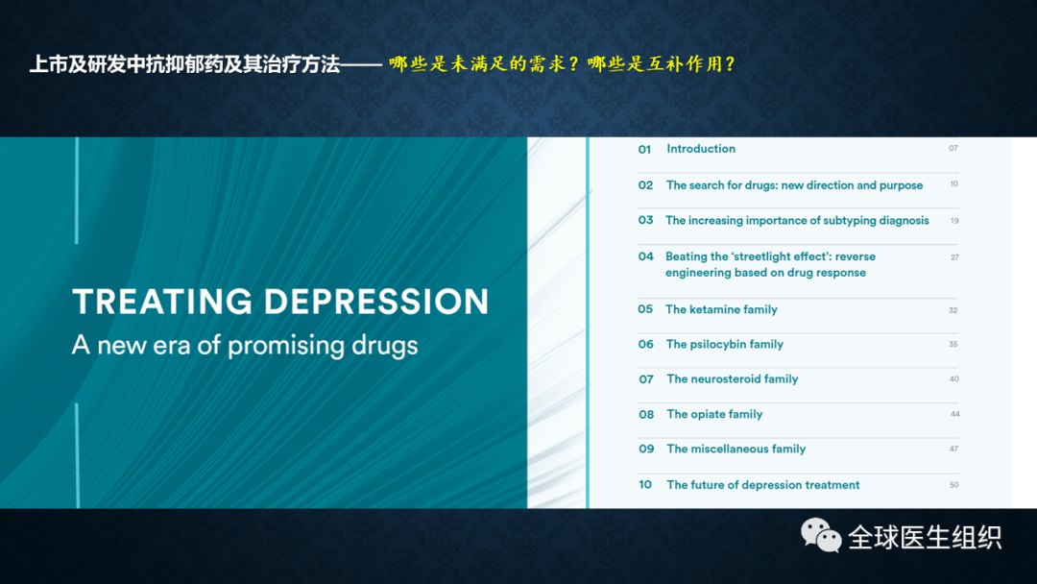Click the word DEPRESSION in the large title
coord(376,302)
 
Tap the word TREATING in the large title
coord(162,302)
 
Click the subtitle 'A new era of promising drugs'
coord(245,345)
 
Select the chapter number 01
coord(645,150)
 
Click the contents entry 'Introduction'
coord(701,149)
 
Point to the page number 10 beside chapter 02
coord(953,183)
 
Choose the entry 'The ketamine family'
coord(721,309)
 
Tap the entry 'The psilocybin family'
coord(725,345)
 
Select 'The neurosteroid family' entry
coord(732,379)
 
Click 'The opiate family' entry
coord(714,414)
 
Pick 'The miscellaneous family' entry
coord(736,450)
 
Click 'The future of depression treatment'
coord(763,485)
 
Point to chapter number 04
coord(645,256)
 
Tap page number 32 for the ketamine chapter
coord(953,310)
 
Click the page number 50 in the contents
coord(953,485)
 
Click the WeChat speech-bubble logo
coord(821,535)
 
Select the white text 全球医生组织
coord(925,537)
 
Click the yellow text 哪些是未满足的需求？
coord(485,63)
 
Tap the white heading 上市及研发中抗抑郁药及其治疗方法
coord(184,64)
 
